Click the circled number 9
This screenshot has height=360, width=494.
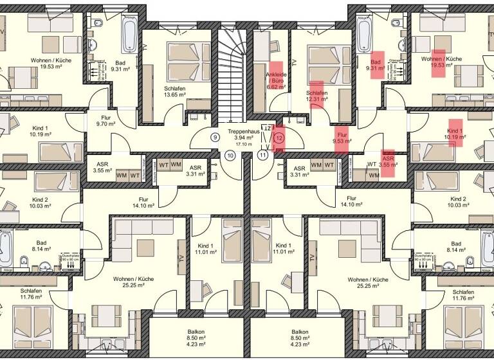[x=215, y=137]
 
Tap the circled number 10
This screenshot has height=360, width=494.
[x=230, y=155]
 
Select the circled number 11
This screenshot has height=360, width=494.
[x=262, y=155]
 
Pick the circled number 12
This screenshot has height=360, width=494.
[x=279, y=137]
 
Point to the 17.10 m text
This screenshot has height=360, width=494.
[x=243, y=144]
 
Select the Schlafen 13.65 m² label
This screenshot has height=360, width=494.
[x=175, y=91]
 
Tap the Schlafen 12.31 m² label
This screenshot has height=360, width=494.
[x=316, y=96]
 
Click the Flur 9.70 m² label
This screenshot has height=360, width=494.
[x=104, y=122]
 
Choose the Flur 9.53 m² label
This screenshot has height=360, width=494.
[x=342, y=137]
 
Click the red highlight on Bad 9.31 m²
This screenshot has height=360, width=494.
[x=376, y=64]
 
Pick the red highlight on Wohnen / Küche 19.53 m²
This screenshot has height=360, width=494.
[x=438, y=62]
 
